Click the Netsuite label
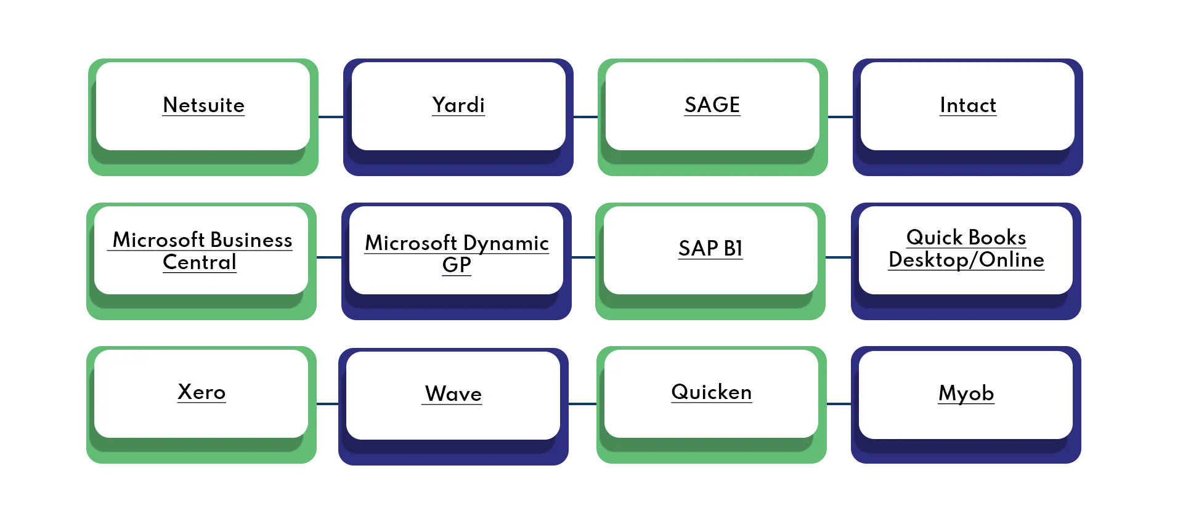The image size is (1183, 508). pos(203,105)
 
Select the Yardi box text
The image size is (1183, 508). pos(458,105)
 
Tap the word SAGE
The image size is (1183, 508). pos(712,105)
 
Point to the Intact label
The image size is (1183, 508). pos(968,105)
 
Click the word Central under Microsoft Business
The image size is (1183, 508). pos(200,262)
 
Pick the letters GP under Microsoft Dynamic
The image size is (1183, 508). pos(457,265)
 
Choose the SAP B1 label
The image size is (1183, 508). pos(710,248)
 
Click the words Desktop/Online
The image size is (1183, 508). pos(966,260)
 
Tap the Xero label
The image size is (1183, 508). pos(201,392)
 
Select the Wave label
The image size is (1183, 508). pos(453,394)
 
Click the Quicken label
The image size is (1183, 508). pos(712,392)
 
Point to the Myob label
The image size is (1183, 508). pos(966,393)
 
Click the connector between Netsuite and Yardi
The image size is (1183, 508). pos(330,116)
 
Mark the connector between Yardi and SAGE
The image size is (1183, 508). pos(586,116)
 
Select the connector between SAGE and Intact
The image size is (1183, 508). pos(840,116)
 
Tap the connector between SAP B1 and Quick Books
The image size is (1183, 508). pos(837,259)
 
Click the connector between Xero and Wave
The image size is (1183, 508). pos(327,404)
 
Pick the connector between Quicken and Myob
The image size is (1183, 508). pos(838,404)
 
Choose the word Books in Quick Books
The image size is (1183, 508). pos(997,238)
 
